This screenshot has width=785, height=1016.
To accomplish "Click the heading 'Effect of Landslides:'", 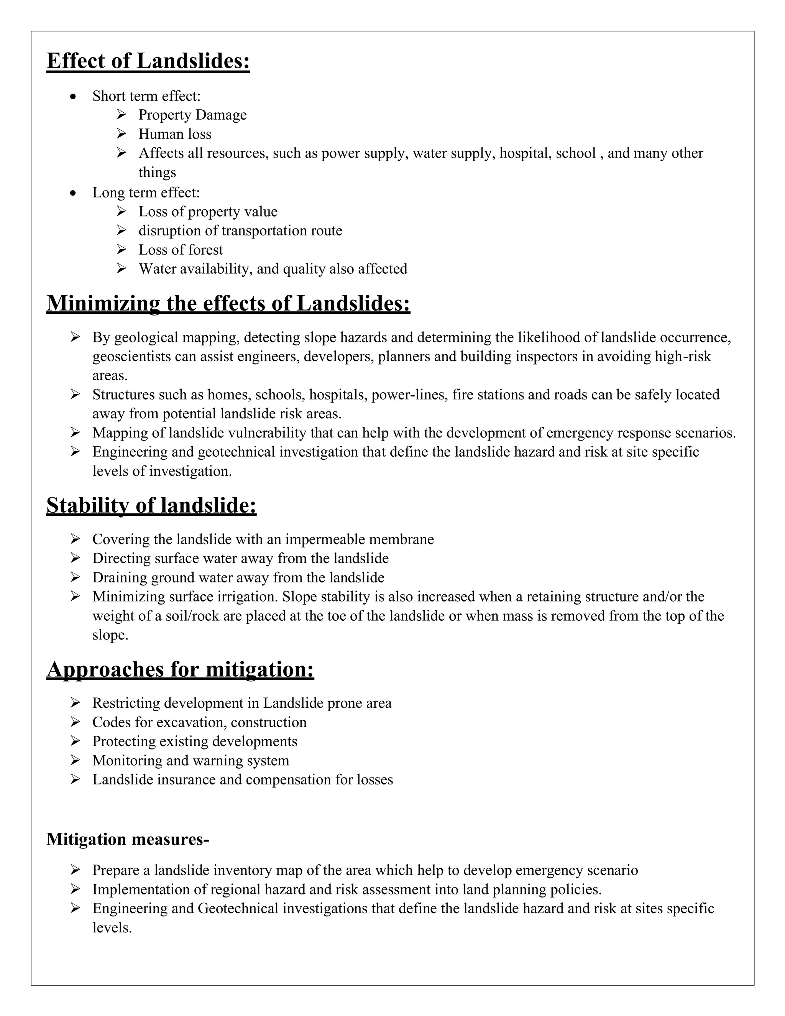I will pyautogui.click(x=148, y=61).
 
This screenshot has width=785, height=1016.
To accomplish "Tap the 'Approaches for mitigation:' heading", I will pyautogui.click(x=180, y=669).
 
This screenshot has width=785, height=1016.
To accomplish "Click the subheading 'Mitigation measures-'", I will pyautogui.click(x=127, y=839).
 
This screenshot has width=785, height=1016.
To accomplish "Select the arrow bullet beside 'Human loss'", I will pyautogui.click(x=122, y=134).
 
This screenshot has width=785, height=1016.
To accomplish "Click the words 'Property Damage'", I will pyautogui.click(x=192, y=115).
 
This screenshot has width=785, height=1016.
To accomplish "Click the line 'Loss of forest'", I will pyautogui.click(x=181, y=250).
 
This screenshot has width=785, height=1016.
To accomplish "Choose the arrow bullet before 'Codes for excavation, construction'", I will pyautogui.click(x=76, y=722).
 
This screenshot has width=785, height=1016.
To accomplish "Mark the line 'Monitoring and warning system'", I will pyautogui.click(x=191, y=760).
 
